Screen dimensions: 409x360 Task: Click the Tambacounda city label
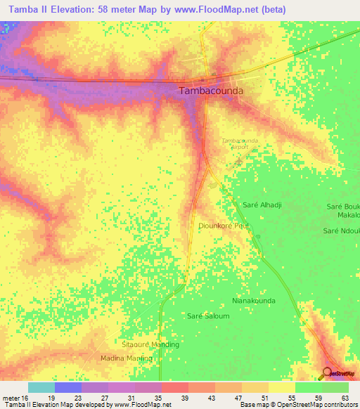click(x=212, y=91)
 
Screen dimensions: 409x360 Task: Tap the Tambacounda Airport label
click(x=240, y=144)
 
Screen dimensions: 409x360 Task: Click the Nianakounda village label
click(x=253, y=300)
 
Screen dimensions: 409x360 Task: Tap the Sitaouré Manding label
click(x=150, y=344)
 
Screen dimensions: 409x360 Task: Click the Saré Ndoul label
click(x=341, y=231)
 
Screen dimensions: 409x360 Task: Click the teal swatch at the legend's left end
click(x=41, y=387)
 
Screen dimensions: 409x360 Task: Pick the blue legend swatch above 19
click(x=68, y=387)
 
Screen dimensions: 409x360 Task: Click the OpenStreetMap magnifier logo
click(x=328, y=372)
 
